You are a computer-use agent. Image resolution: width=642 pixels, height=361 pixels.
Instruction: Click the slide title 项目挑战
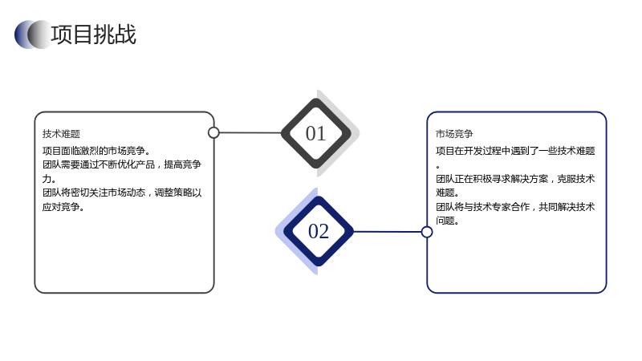pyautogui.click(x=93, y=34)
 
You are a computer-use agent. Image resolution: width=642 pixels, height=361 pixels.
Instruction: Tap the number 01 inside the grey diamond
pyautogui.click(x=315, y=133)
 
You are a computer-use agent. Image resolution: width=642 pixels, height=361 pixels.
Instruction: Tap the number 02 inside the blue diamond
pyautogui.click(x=318, y=231)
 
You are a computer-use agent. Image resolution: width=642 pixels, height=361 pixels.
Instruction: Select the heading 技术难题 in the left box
pyautogui.click(x=61, y=134)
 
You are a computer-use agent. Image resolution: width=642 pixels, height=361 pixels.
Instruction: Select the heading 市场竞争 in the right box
pyautogui.click(x=454, y=134)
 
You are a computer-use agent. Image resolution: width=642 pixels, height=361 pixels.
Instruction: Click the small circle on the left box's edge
pyautogui.click(x=213, y=132)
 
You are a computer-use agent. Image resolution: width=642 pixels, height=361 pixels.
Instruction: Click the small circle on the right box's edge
pyautogui.click(x=427, y=232)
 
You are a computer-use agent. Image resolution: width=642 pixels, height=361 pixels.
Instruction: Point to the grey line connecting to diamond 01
pyautogui.click(x=250, y=132)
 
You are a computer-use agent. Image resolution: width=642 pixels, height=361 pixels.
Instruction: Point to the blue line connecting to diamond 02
pyautogui.click(x=388, y=232)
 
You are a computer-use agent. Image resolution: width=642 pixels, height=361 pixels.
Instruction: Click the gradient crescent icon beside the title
pyautogui.click(x=33, y=34)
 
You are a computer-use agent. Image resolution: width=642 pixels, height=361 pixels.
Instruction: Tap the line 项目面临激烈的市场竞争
pyautogui.click(x=95, y=151)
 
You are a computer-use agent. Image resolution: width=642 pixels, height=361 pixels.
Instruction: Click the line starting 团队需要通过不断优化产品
pyautogui.click(x=122, y=164)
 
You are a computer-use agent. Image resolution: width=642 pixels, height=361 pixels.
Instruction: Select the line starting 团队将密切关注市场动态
pyautogui.click(x=122, y=193)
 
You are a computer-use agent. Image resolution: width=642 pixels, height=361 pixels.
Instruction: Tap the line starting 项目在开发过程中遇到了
pyautogui.click(x=515, y=151)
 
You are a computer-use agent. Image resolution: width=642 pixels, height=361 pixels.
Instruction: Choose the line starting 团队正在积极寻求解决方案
pyautogui.click(x=515, y=179)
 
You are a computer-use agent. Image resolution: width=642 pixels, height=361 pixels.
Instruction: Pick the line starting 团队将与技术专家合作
pyautogui.click(x=515, y=207)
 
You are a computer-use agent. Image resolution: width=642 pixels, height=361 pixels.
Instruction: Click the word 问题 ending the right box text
pyautogui.click(x=445, y=221)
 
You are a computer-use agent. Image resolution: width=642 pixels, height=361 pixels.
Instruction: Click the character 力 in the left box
pyautogui.click(x=47, y=179)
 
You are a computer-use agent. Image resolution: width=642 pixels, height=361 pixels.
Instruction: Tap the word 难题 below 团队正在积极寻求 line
pyautogui.click(x=445, y=193)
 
